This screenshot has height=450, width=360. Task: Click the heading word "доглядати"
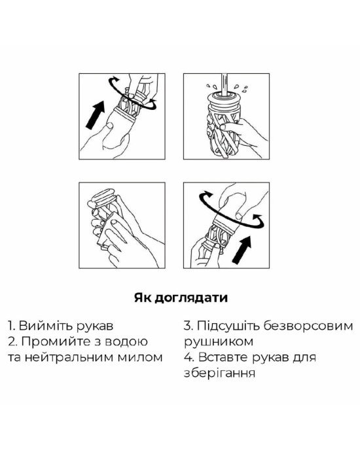(x=191, y=298)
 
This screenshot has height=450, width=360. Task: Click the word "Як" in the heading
(x=143, y=298)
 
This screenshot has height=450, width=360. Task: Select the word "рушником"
(x=219, y=342)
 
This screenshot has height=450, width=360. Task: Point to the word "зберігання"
(x=219, y=373)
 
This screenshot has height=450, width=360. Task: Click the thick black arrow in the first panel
(x=96, y=114)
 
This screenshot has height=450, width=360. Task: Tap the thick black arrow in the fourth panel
(x=242, y=249)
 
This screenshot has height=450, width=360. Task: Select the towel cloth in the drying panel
(x=108, y=230)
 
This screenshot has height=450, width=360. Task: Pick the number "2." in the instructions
(x=13, y=342)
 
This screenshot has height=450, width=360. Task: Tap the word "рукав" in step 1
(x=95, y=326)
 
